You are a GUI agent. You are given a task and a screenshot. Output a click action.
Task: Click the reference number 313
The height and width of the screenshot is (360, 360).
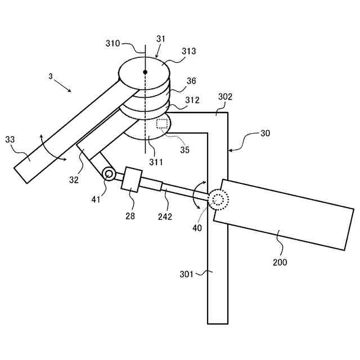click(188, 51)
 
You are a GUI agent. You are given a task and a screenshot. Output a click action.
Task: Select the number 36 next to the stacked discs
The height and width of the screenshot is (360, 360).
click(191, 81)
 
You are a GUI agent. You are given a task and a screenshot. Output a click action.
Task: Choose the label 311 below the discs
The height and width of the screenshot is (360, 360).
click(156, 162)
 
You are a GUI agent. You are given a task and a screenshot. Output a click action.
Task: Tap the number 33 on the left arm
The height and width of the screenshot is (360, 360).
click(10, 139)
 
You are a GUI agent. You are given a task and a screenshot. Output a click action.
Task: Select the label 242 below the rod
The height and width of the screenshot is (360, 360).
click(165, 216)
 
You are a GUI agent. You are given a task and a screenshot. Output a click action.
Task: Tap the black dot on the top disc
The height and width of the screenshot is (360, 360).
click(145, 72)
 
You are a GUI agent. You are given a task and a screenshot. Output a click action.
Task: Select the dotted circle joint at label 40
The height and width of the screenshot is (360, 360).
click(218, 200)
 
